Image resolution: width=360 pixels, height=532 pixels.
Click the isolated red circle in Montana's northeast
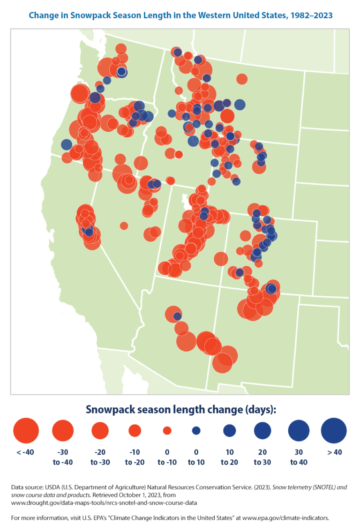click(242, 79)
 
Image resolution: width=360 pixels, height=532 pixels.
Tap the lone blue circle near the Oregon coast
click(67, 144)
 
